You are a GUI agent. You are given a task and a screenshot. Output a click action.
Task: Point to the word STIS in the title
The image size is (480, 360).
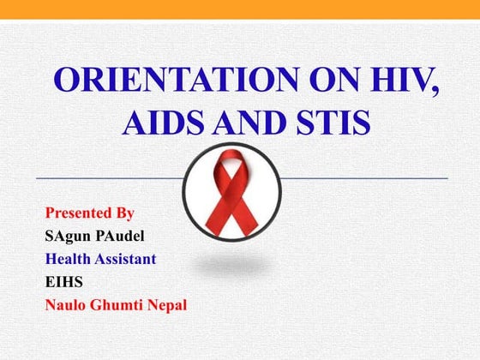point(330,124)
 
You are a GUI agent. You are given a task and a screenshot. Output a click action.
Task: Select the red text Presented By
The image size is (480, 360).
point(89,212)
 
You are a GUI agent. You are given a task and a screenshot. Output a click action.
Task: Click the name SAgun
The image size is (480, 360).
point(68,235)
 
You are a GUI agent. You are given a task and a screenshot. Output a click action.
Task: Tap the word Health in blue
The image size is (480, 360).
point(68,258)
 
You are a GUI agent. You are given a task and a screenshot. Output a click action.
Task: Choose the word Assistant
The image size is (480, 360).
point(126,258)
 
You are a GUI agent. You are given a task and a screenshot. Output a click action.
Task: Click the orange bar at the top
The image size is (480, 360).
point(240,9)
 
